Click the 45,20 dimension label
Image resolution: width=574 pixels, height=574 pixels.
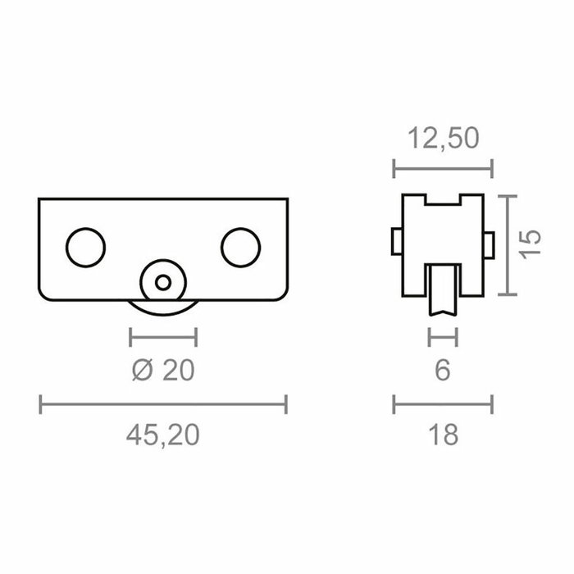[x=163, y=435]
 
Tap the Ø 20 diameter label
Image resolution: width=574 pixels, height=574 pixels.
[x=163, y=371]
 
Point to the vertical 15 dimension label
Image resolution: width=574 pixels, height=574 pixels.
[x=531, y=245]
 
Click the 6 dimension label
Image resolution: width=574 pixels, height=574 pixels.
[x=443, y=371]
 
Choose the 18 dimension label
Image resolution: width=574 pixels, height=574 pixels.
[x=443, y=435]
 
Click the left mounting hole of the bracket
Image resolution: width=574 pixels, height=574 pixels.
[x=86, y=247]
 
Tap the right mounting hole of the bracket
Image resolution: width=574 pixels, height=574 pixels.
[x=241, y=247]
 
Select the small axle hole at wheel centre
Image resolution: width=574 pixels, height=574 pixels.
[x=163, y=283]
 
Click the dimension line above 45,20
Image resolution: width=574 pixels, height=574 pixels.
[x=163, y=403]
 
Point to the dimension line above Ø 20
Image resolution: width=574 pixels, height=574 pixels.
[x=163, y=335]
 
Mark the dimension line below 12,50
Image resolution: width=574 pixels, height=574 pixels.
[x=443, y=170]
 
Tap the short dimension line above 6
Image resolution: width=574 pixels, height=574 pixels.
[x=443, y=335]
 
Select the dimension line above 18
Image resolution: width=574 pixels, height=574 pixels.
[x=443, y=403]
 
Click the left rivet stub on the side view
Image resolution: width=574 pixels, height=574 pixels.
[x=395, y=242]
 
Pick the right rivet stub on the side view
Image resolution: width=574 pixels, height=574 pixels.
[x=490, y=242]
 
